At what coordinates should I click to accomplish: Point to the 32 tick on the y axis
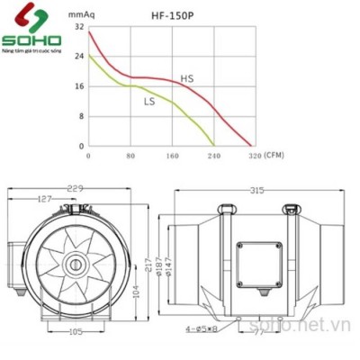(x=79, y=27)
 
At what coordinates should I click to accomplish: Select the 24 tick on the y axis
(x=79, y=57)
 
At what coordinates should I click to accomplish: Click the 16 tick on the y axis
(x=79, y=86)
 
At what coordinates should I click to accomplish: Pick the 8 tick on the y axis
(x=81, y=116)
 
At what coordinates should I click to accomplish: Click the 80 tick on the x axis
(x=131, y=157)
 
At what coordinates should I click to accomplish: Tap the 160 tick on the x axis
(x=173, y=157)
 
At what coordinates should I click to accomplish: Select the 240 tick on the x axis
(x=214, y=157)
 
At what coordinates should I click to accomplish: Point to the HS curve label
(x=187, y=79)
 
